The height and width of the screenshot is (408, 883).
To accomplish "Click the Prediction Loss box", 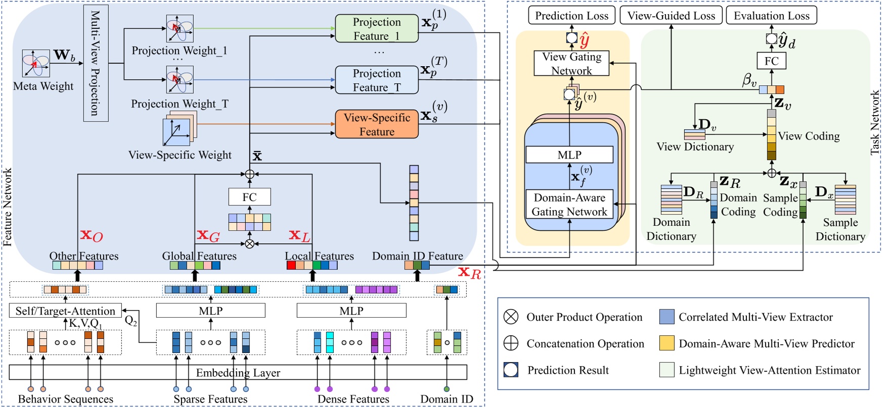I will click(571, 16).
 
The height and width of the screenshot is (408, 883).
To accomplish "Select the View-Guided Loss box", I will click(671, 16).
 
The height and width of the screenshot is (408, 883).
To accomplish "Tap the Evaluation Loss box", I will click(771, 16).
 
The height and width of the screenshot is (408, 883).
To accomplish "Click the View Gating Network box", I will click(571, 64).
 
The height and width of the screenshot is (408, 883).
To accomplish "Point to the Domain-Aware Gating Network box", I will click(569, 205).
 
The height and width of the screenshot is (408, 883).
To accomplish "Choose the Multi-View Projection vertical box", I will click(96, 63).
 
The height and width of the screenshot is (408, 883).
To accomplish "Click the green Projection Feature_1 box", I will click(377, 29).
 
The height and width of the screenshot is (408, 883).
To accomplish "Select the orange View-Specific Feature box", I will click(377, 124).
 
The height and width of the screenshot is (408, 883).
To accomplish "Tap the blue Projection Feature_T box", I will click(377, 80).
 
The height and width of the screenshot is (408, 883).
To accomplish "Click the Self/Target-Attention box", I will click(65, 311).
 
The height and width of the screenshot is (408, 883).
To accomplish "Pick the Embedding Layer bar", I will click(238, 373).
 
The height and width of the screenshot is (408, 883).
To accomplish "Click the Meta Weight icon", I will click(36, 63).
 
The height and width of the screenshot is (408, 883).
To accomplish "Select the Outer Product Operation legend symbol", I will click(511, 317).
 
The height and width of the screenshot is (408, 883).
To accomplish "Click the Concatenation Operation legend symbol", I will click(511, 343).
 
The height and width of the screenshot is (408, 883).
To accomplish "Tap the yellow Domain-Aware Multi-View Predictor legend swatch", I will click(667, 343).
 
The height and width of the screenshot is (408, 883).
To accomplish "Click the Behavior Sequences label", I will click(65, 399).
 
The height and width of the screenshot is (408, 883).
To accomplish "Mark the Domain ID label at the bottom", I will click(447, 399).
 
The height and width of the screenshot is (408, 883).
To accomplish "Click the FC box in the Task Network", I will click(771, 61).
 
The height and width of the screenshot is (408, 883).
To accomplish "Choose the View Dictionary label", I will click(695, 147).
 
